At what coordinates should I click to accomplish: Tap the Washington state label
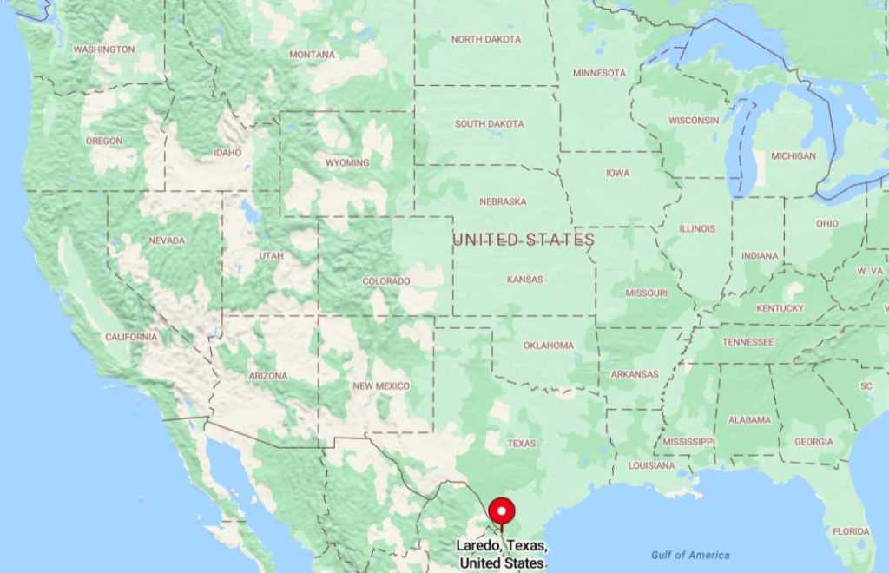[x=104, y=49]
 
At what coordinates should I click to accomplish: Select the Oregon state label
[x=104, y=141]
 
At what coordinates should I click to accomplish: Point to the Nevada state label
[x=167, y=240]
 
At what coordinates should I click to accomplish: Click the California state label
[x=131, y=337]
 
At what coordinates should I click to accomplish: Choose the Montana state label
[x=312, y=55]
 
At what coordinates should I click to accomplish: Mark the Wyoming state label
[x=347, y=162]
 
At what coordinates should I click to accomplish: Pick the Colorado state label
[x=386, y=281]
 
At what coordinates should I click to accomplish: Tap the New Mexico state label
[x=381, y=385]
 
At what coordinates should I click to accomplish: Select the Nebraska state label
[x=503, y=201]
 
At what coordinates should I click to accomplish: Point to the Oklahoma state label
[x=548, y=346]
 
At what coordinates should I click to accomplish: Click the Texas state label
[x=522, y=444]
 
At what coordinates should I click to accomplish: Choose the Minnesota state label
[x=599, y=73]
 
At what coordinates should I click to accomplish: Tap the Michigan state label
[x=794, y=156]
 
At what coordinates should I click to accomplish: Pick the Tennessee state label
[x=747, y=342]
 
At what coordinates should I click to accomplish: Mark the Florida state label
[x=851, y=531]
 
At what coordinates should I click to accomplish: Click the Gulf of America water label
[x=690, y=556]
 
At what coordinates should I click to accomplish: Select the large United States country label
[x=524, y=239]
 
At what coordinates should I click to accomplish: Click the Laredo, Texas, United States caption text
[x=503, y=554]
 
